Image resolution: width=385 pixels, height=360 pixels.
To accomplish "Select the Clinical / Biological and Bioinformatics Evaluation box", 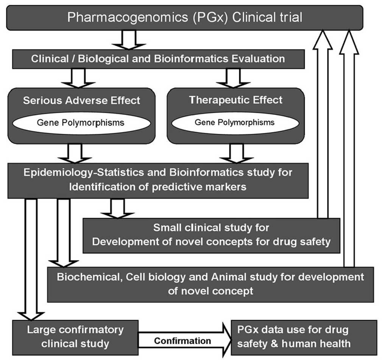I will (x=158, y=59).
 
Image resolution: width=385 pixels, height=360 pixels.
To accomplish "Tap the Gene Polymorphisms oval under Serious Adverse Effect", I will (x=81, y=123).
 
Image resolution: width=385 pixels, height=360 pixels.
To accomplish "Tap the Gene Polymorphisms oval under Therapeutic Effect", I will (x=235, y=123).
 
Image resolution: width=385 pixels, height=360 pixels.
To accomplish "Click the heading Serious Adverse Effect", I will (x=81, y=100).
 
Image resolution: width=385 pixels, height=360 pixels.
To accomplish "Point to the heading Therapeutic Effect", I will (x=235, y=100).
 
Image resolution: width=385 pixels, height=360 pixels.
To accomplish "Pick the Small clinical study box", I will (x=211, y=235).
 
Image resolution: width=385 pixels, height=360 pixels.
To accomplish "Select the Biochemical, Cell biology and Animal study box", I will (x=211, y=284).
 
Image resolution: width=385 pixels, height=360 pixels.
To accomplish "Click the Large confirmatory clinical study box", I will (x=75, y=337).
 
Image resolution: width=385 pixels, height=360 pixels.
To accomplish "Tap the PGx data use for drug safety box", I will (x=304, y=337).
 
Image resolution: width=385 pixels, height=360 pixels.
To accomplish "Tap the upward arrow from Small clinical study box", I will (x=322, y=125).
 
